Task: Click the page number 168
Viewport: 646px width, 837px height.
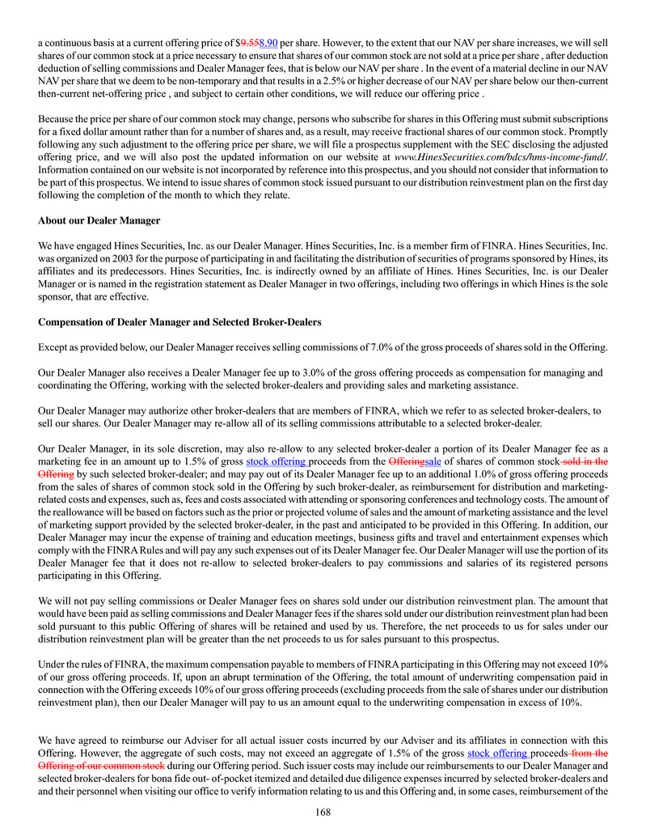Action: click(323, 812)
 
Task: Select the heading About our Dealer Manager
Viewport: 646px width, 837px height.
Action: click(99, 220)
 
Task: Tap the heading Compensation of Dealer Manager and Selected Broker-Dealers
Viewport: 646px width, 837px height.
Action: click(179, 322)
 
